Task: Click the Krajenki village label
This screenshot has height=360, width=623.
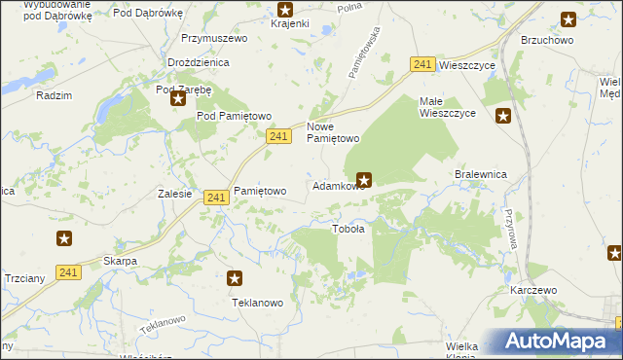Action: (x=289, y=22)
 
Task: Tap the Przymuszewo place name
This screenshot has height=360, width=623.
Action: (x=214, y=38)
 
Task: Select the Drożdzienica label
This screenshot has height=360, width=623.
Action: (x=198, y=61)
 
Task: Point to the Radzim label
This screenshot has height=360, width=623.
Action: (x=54, y=95)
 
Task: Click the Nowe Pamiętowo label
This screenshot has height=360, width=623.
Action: (x=334, y=132)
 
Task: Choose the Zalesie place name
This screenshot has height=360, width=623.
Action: (x=174, y=193)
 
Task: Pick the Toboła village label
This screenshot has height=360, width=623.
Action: (x=348, y=230)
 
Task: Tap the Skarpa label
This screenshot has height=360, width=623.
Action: (x=120, y=261)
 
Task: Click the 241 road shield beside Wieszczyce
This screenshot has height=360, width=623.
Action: (x=421, y=63)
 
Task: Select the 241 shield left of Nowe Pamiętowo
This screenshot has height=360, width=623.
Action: (x=278, y=138)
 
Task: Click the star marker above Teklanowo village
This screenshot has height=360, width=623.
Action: (x=235, y=278)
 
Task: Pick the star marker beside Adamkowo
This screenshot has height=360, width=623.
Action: (x=364, y=178)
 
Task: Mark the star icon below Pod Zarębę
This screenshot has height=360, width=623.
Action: (x=178, y=97)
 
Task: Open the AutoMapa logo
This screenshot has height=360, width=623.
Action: (x=558, y=342)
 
